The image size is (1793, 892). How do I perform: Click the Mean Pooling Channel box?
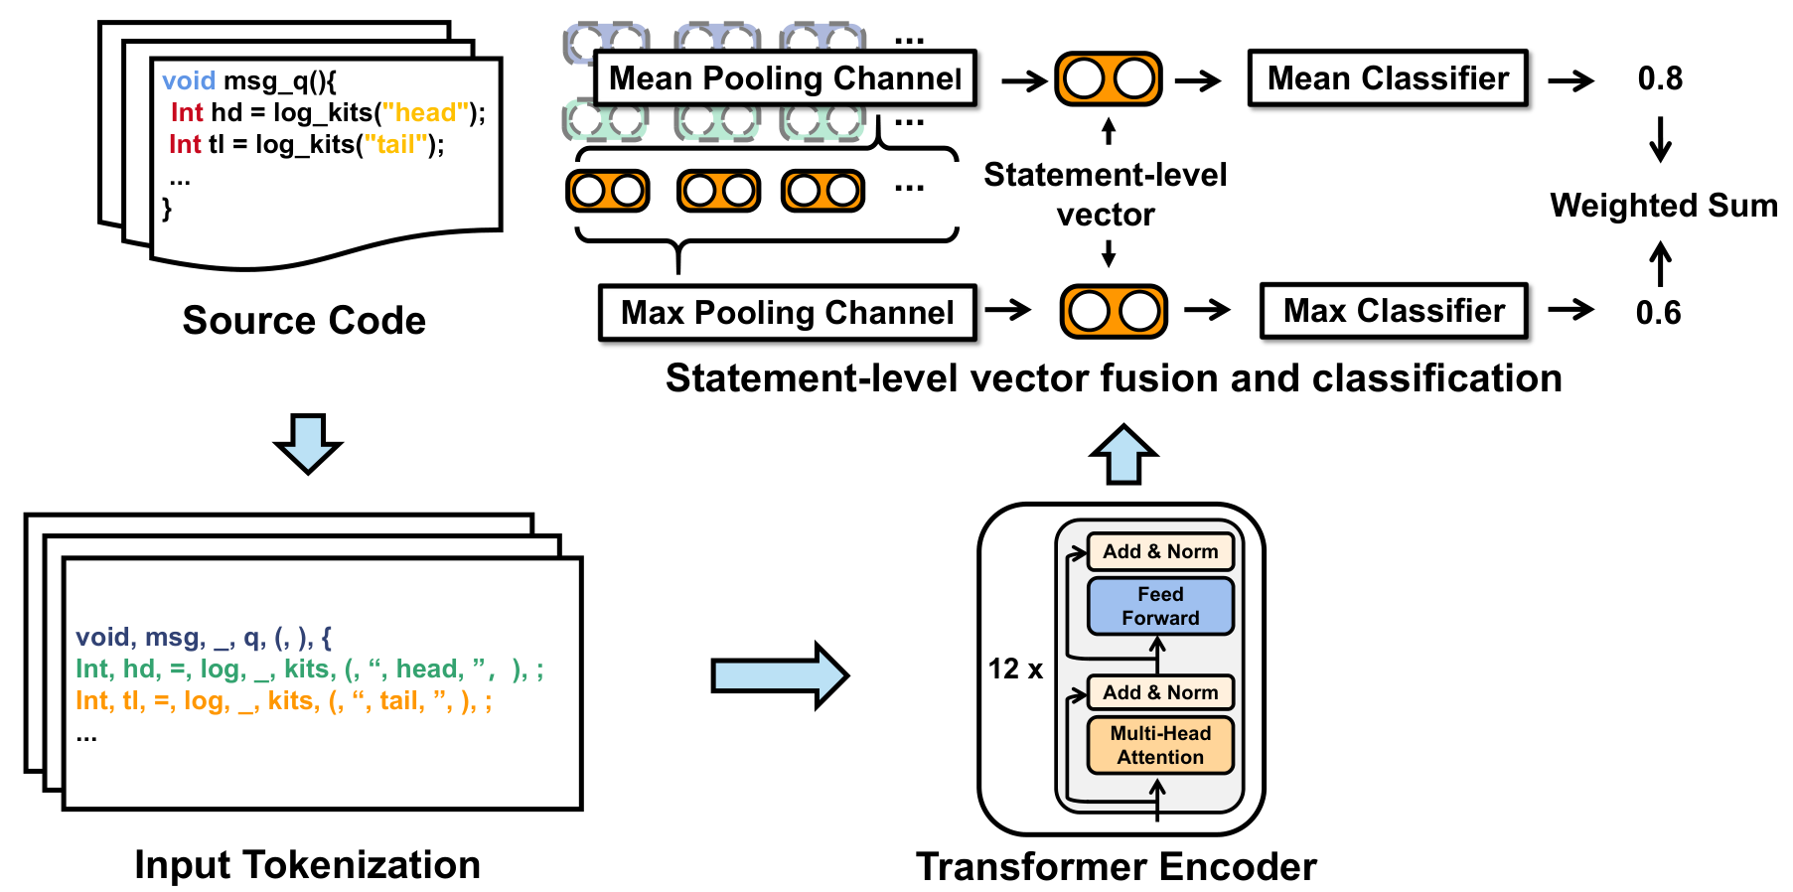[785, 77]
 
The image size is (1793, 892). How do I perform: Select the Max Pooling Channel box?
[788, 313]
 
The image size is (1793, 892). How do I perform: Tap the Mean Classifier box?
[1388, 77]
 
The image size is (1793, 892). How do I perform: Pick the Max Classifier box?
[1394, 311]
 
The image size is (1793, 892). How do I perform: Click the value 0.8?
[1660, 78]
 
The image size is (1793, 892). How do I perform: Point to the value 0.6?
[1658, 313]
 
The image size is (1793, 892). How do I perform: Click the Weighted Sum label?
[1664, 206]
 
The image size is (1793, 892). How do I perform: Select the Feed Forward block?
[1160, 606]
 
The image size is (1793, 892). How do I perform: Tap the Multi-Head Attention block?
[1160, 745]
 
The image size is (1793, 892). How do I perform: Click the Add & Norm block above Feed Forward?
[1160, 551]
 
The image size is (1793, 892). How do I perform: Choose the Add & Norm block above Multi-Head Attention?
[1160, 692]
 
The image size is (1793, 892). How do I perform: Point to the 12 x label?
[1015, 669]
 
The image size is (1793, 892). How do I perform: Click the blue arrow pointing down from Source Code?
[308, 444]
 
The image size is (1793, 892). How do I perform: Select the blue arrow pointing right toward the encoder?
[780, 675]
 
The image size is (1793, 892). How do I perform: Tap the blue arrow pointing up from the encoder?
[1123, 454]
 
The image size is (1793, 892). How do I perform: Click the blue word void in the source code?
[189, 80]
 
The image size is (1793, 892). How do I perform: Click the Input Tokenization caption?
[307, 865]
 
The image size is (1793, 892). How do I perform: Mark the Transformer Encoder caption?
[1117, 867]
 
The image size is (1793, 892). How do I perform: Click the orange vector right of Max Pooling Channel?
[1114, 311]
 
